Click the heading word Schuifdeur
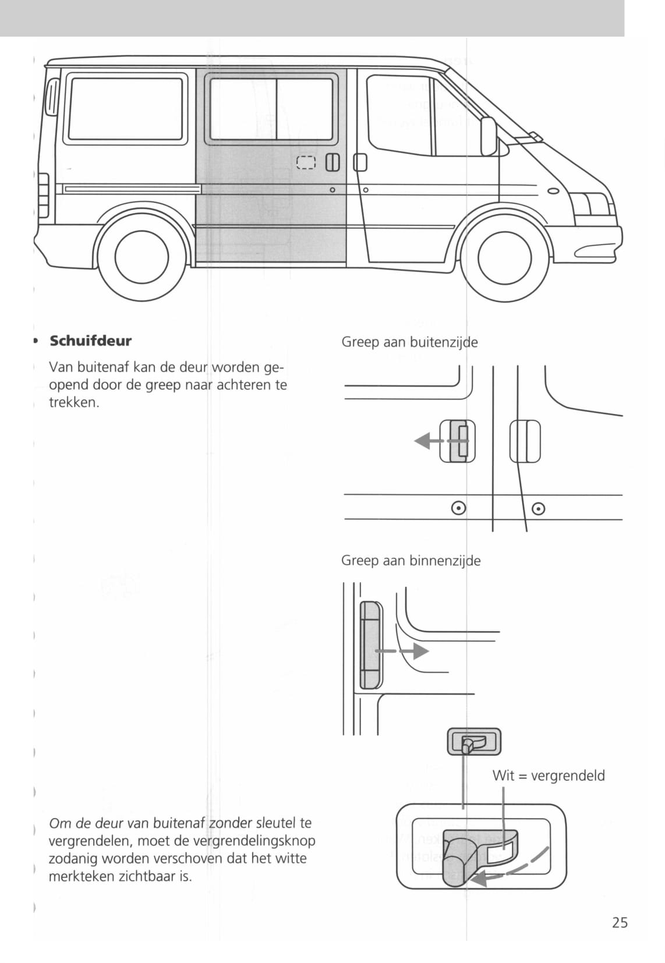pyautogui.click(x=90, y=341)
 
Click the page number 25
pyautogui.click(x=620, y=922)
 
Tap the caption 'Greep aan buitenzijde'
pyautogui.click(x=409, y=342)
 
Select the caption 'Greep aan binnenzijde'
pyautogui.click(x=411, y=561)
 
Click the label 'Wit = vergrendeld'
pyautogui.click(x=549, y=776)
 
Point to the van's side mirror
pyautogui.click(x=488, y=136)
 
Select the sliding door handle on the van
pyautogui.click(x=332, y=162)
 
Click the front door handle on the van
pyautogui.click(x=360, y=162)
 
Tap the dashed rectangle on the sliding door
pyautogui.click(x=306, y=162)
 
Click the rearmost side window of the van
pyautogui.click(x=126, y=109)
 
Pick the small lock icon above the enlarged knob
pyautogui.click(x=473, y=742)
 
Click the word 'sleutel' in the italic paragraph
pyautogui.click(x=276, y=823)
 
